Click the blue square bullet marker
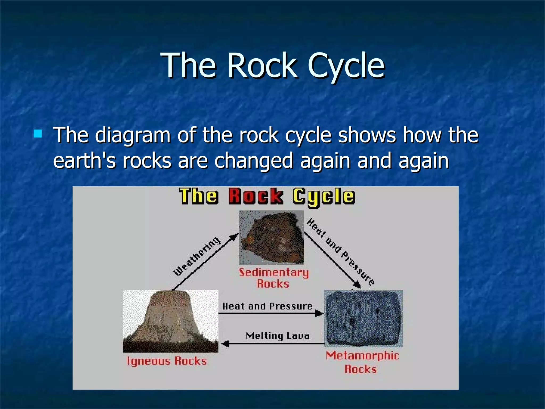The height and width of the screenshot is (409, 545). pos(38,133)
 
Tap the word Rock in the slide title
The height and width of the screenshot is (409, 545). pos(262,65)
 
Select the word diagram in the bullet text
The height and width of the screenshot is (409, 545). pos(133,135)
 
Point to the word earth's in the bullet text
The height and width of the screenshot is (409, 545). pos(84,161)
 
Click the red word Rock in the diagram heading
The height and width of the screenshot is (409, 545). pos(256,197)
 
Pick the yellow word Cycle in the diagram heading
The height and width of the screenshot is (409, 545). pos(324,197)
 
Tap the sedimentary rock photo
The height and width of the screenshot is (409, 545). pos(271,237)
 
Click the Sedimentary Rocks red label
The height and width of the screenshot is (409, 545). pos(274,278)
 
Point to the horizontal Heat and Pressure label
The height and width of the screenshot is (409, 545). pos(267,306)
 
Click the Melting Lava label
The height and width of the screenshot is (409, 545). pos(278,336)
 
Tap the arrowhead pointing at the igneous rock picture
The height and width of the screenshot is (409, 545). pos(225,344)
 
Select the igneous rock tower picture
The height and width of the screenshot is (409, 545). pos(171,321)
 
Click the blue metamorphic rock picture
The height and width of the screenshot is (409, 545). pos(363,318)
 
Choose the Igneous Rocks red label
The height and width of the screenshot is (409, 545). pos(167,361)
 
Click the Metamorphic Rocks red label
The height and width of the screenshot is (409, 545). pos(362,362)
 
